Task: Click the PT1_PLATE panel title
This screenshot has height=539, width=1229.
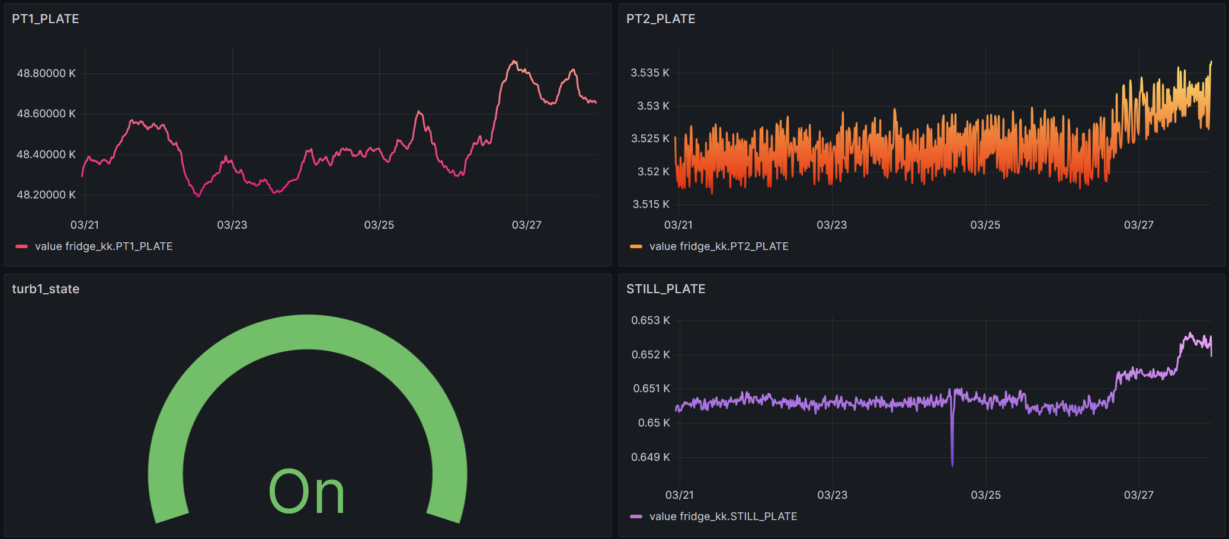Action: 46,19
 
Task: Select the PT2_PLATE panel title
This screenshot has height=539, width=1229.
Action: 661,19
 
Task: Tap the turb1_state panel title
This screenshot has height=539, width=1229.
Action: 46,289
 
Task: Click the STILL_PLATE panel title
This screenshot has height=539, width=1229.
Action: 665,289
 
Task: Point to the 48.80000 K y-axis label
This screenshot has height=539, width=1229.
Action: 46,73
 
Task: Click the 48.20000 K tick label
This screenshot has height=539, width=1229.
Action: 46,195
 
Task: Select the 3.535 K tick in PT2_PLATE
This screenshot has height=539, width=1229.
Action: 649,73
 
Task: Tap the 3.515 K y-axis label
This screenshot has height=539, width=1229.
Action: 651,204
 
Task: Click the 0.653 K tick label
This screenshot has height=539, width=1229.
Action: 650,320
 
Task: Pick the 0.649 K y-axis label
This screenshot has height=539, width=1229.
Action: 650,457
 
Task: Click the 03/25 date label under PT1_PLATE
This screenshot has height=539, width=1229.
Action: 379,225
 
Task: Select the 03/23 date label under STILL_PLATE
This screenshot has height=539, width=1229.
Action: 832,495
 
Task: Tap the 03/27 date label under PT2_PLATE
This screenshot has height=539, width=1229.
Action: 1138,225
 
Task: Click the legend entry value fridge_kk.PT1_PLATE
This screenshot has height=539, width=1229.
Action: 103,246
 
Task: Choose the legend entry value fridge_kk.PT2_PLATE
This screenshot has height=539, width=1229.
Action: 718,246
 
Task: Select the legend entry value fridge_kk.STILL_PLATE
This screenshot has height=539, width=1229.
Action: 722,516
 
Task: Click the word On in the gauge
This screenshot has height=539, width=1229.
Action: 306,492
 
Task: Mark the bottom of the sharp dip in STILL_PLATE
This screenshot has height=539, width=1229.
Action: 952,465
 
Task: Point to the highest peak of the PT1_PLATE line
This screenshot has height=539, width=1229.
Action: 514,61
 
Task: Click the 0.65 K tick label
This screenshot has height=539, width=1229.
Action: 654,423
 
